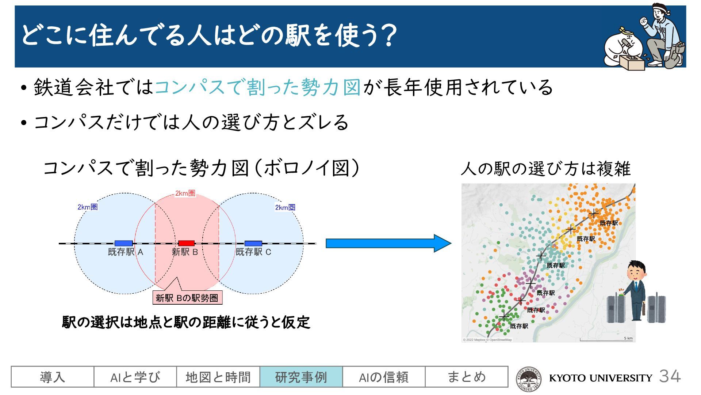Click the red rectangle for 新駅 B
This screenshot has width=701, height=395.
point(186,243)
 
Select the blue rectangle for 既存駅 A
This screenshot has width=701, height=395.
point(123,243)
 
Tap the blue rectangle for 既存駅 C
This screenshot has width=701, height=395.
point(253,243)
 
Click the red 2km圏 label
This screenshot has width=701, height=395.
point(185,193)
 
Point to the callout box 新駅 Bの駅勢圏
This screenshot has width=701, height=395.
point(187,298)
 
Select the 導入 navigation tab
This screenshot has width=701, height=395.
point(53,377)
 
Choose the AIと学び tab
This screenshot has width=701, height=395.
point(135,377)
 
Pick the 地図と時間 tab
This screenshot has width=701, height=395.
point(218,377)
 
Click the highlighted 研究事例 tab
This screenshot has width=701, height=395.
point(301,377)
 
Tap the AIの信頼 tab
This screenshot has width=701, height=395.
point(384,377)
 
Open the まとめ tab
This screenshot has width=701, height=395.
point(466,377)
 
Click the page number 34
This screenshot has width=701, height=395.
point(670,376)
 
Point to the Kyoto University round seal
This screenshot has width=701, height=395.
point(529,379)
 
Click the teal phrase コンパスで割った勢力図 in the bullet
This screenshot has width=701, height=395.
point(258,87)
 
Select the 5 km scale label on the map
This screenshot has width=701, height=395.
point(628,338)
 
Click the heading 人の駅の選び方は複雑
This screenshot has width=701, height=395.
point(545,169)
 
